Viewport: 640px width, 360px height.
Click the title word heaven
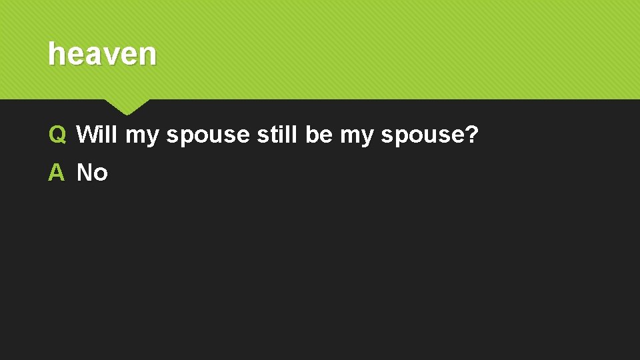pos(102,54)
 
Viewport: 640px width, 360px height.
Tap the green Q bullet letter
pos(57,135)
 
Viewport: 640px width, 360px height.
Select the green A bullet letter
pos(57,173)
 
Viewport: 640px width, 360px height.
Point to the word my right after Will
pos(141,136)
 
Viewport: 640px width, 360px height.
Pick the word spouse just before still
pos(207,136)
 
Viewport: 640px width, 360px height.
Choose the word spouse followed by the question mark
pos(419,136)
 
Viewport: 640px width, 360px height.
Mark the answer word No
pos(92,173)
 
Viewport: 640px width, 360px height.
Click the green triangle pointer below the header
pos(127,105)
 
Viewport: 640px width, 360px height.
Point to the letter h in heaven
pos(55,54)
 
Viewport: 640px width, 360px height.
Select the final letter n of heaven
pos(148,55)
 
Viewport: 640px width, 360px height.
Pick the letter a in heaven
pos(93,55)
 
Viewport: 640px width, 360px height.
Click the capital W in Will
pos(87,135)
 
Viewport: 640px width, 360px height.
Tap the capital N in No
pos(85,173)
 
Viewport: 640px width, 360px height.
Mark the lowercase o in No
pos(100,174)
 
